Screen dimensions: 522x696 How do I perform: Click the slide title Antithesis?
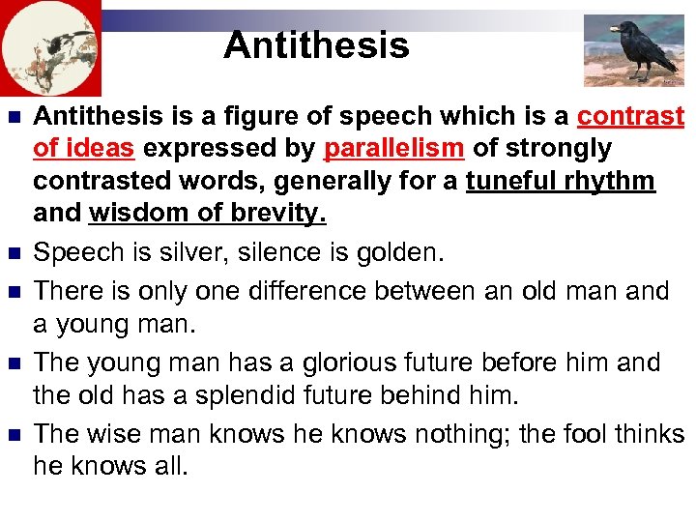pos(316,45)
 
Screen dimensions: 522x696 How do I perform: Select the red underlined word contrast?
pos(630,117)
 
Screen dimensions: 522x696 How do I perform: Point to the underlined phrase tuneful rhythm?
pos(560,181)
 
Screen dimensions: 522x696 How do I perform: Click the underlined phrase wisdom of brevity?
pos(207,213)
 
